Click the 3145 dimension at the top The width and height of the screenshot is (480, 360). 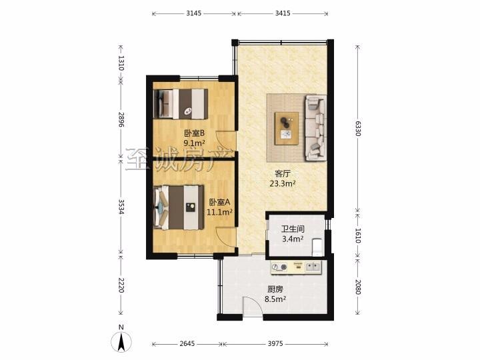194,13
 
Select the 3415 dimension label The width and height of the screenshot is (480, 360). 283,13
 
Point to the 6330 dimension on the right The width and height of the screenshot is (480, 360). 358,129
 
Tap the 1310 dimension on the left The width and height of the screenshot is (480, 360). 121,63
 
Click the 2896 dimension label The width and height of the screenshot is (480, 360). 121,120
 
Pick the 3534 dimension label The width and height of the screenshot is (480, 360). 121,207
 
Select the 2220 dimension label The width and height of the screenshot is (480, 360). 121,285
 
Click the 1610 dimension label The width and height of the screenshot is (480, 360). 358,236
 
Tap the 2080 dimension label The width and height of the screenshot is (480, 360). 358,287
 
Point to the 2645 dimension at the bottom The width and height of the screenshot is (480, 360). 187,344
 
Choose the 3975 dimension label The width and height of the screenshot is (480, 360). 275,344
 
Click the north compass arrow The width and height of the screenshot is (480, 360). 121,341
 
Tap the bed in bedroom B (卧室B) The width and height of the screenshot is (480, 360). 181,104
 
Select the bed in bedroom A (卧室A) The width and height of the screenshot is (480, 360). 179,207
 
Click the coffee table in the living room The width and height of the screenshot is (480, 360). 287,129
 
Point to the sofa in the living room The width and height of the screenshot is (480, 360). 315,127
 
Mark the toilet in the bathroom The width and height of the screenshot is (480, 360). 317,247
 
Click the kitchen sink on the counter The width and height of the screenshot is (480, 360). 313,267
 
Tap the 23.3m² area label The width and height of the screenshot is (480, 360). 283,184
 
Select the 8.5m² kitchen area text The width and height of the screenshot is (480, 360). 275,299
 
